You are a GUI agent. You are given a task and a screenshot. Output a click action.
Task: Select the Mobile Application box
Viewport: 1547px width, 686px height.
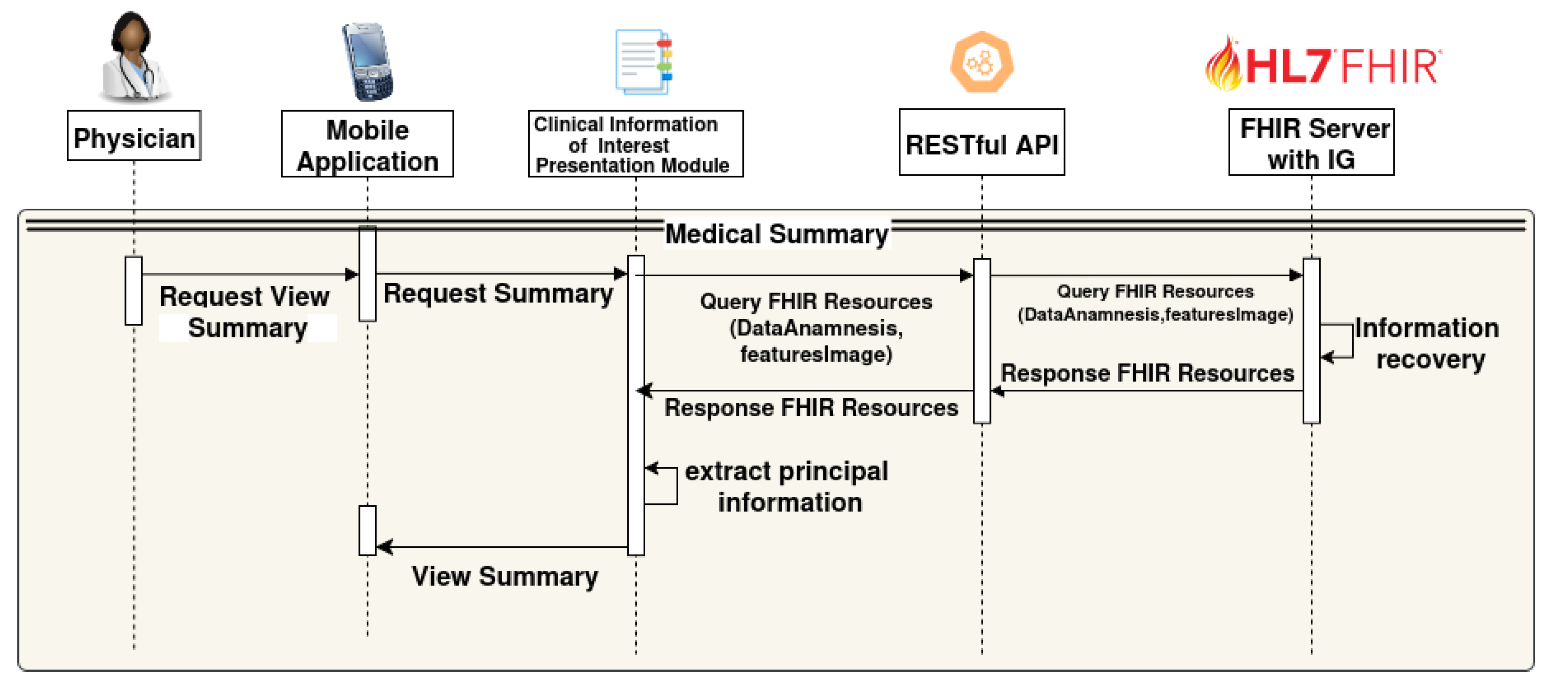(x=367, y=145)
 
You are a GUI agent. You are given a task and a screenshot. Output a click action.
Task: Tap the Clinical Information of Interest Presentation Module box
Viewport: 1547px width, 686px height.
(x=635, y=145)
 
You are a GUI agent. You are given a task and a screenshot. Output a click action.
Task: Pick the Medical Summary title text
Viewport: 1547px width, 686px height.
(x=777, y=233)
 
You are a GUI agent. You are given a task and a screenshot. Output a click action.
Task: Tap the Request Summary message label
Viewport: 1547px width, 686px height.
(x=498, y=294)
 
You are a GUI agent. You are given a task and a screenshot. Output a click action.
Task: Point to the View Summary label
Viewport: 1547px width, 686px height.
(x=504, y=576)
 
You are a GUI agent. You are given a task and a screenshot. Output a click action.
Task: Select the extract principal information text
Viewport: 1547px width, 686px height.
(x=786, y=487)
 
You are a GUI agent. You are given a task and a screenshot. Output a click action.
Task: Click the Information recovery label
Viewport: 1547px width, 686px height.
(x=1427, y=343)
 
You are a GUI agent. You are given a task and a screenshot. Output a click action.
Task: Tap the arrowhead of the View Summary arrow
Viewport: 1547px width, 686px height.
(x=384, y=547)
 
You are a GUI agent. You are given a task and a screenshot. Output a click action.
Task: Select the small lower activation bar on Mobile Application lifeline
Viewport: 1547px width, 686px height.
(x=367, y=530)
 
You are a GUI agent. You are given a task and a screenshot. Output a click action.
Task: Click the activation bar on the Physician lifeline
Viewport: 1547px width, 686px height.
(x=133, y=291)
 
